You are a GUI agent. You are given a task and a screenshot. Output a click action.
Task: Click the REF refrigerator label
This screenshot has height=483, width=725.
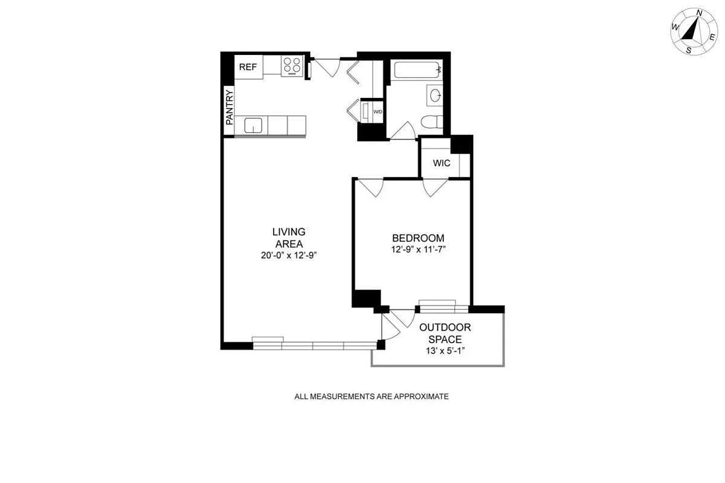click(x=248, y=67)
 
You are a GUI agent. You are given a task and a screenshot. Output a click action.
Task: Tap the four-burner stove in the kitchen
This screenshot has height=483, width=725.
click(x=292, y=66)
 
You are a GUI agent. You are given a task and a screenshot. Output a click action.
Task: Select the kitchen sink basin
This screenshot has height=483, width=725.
click(x=253, y=125)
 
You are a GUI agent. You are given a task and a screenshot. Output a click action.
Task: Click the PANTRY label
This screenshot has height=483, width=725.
click(x=229, y=108)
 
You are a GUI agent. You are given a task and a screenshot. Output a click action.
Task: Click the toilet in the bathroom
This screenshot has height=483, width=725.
click(x=432, y=122)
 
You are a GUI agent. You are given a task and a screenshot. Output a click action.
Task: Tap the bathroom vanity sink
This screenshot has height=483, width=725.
click(x=434, y=96)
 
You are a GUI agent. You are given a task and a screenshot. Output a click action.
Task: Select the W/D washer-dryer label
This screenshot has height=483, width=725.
click(x=378, y=112)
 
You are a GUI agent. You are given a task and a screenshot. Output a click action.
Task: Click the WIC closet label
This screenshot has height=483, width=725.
click(x=442, y=163)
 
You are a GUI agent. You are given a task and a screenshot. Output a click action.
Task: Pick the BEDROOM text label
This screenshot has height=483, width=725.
click(x=418, y=238)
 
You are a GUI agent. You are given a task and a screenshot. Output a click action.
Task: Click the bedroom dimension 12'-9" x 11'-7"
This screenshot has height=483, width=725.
click(x=419, y=250)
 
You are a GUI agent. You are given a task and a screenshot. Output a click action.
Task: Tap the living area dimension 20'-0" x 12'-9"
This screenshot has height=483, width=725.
click(x=289, y=255)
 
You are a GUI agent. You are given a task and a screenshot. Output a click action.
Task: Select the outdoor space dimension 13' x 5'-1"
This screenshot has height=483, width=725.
click(x=445, y=351)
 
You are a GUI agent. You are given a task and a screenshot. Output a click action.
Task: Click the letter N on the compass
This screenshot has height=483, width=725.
click(x=699, y=13)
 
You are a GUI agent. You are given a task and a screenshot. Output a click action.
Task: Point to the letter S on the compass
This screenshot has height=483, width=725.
click(x=688, y=51)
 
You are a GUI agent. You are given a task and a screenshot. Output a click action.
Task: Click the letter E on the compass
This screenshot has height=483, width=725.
click(x=712, y=37)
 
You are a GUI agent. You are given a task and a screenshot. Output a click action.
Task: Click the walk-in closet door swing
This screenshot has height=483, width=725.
click(x=436, y=188)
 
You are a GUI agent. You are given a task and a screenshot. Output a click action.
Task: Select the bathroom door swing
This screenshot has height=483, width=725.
click(x=404, y=131)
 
